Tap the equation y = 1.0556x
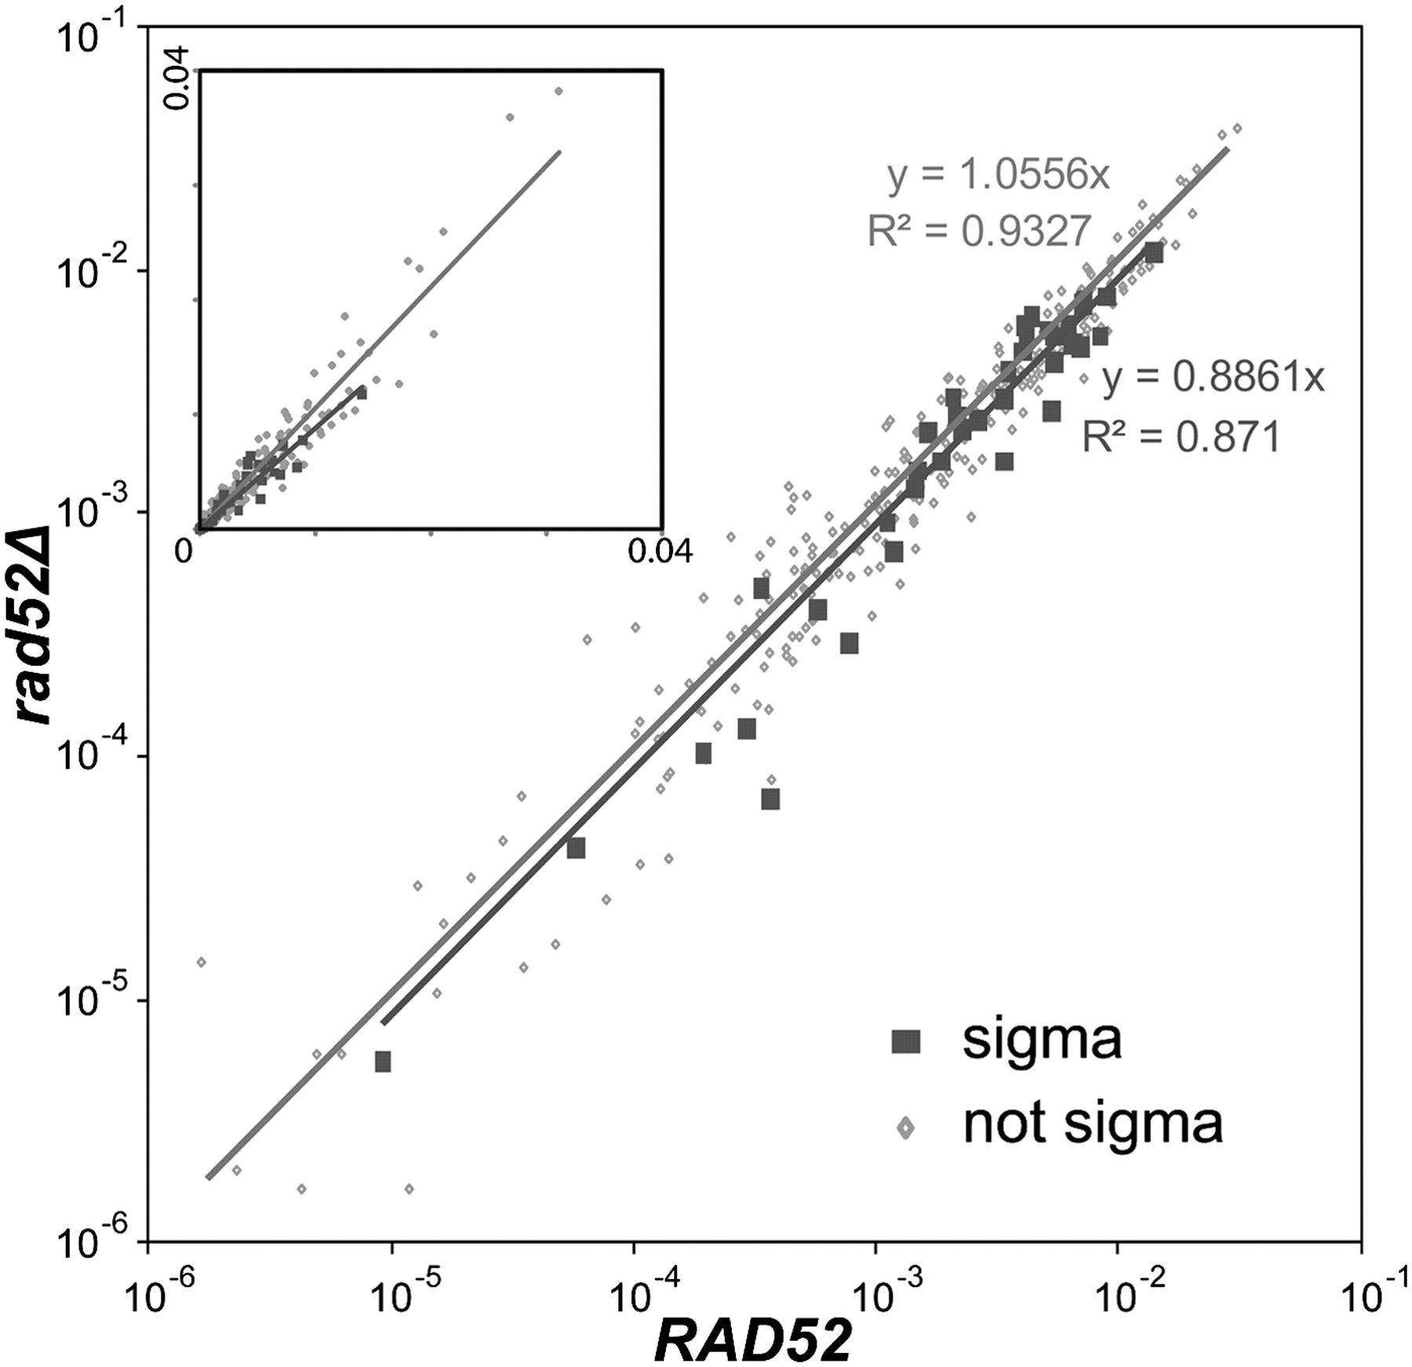point(999,176)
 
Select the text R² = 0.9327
point(979,231)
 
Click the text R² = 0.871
point(1181,437)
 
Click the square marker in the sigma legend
point(906,1042)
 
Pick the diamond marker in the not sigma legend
point(906,1127)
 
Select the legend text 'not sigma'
point(1093,1123)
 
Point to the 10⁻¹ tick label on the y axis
point(94,35)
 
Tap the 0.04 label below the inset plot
point(660,551)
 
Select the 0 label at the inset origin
point(183,551)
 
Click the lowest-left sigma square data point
point(383,1062)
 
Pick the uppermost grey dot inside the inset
point(559,91)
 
